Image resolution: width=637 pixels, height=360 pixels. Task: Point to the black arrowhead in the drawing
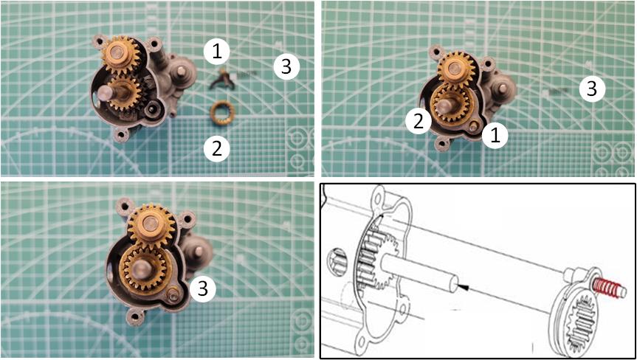coord(463,288)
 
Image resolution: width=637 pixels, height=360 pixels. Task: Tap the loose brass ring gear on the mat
coord(221,114)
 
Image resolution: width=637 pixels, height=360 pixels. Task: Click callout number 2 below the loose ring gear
coord(217,148)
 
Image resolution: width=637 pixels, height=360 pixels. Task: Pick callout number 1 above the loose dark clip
coord(217,52)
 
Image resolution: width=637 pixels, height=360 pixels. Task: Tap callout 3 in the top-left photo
coord(286,66)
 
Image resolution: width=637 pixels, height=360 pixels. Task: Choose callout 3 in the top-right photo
coord(591,88)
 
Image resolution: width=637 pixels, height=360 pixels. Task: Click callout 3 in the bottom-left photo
coord(203,288)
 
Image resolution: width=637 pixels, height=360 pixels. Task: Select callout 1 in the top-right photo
coord(495,136)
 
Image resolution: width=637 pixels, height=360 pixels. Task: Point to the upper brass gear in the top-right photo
coord(457,69)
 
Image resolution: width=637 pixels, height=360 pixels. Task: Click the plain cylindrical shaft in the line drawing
coord(420,272)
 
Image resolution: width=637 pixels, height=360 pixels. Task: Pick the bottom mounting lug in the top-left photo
coord(121,134)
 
